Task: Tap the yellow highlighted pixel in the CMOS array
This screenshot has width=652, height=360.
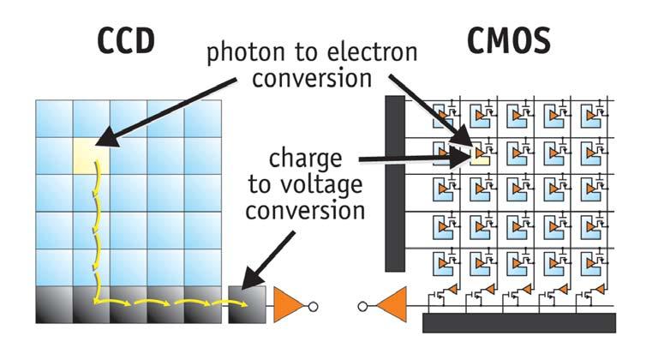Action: tap(479, 155)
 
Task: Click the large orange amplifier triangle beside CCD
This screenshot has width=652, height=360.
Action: tap(288, 305)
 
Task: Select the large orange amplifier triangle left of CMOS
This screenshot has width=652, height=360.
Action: tap(390, 305)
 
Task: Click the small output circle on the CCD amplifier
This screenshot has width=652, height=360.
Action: tap(314, 306)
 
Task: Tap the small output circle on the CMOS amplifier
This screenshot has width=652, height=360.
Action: tap(364, 306)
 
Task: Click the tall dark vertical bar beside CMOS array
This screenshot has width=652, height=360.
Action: tap(394, 183)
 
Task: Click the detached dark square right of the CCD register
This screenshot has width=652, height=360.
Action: tap(248, 305)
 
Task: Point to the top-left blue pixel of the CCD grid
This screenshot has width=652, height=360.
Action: tap(54, 118)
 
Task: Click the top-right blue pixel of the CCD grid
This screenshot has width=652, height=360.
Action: tap(203, 118)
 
